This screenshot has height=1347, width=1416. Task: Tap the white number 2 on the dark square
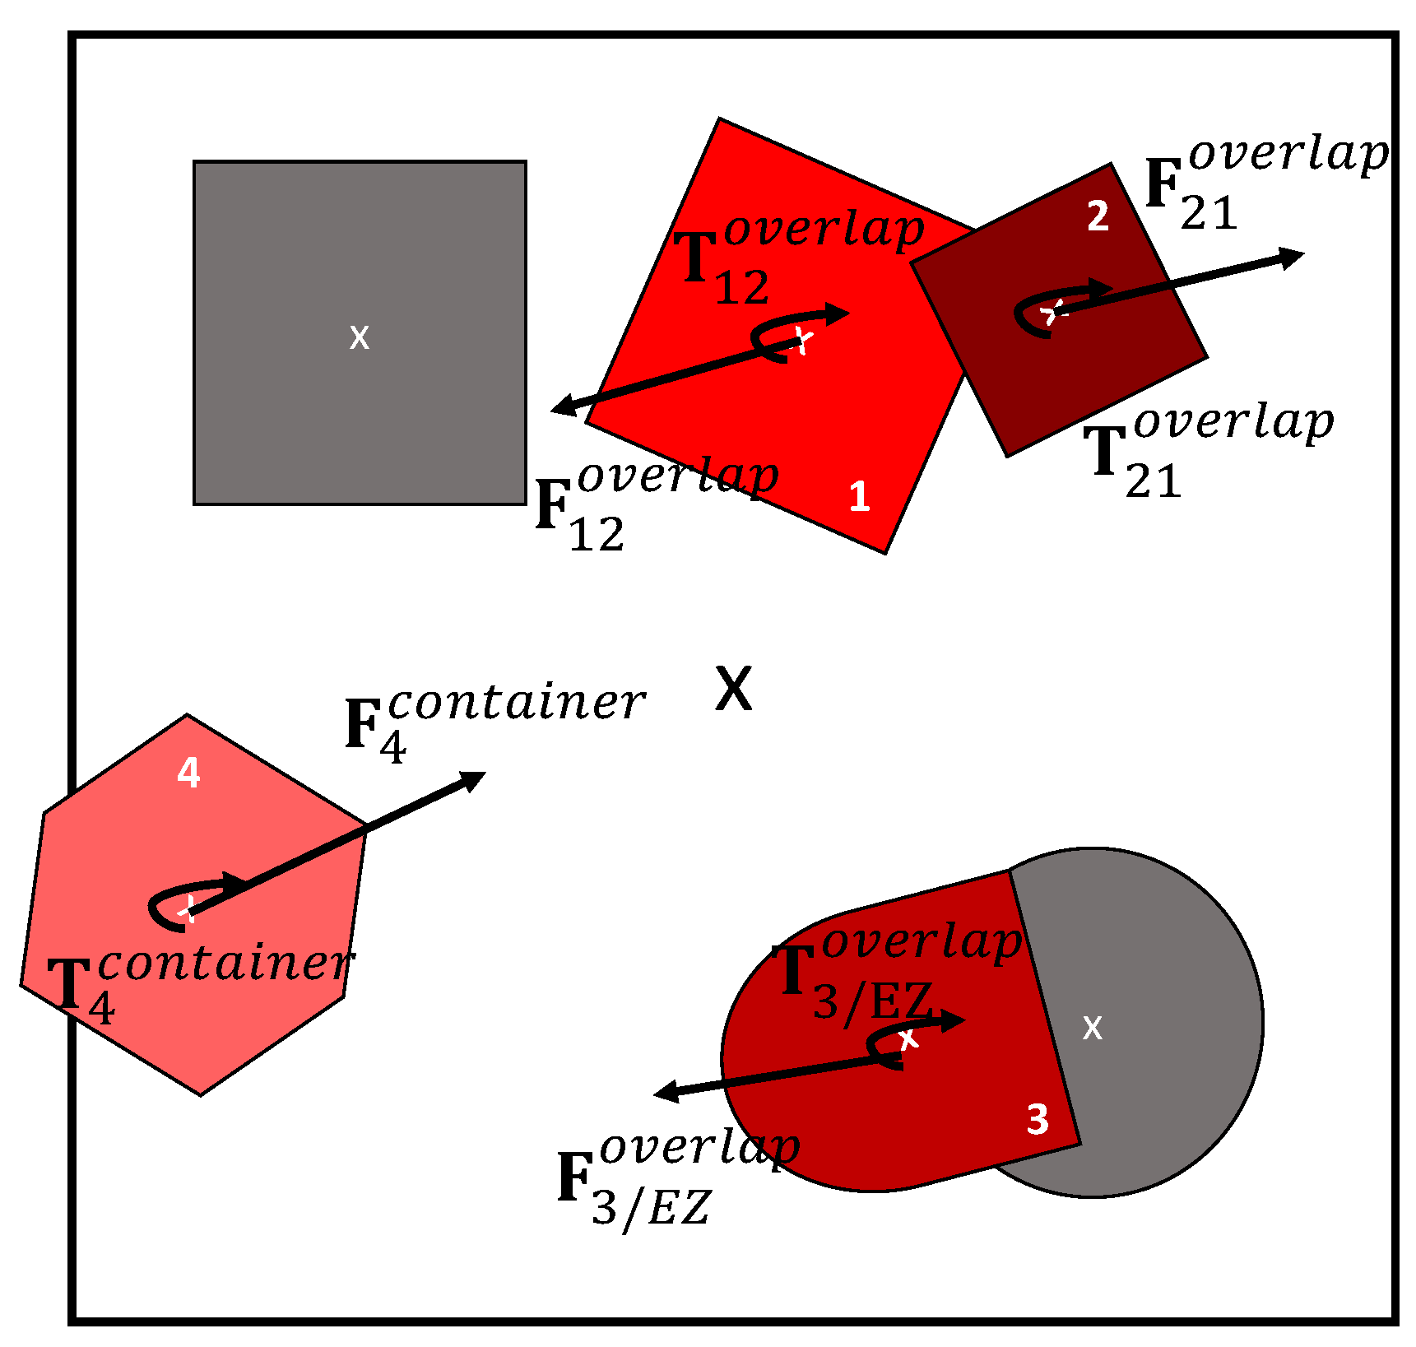click(1098, 216)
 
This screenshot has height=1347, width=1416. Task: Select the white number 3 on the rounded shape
click(1038, 1120)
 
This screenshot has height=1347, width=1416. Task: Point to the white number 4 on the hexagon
click(188, 773)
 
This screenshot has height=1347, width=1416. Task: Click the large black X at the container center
click(733, 689)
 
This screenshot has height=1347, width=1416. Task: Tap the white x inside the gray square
click(360, 337)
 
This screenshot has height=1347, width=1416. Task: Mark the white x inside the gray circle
click(1092, 1028)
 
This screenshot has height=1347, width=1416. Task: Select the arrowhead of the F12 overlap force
click(563, 406)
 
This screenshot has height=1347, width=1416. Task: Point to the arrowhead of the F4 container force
click(474, 778)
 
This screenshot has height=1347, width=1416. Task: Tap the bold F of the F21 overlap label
click(1163, 183)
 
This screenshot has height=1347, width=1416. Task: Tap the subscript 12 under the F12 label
click(597, 536)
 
